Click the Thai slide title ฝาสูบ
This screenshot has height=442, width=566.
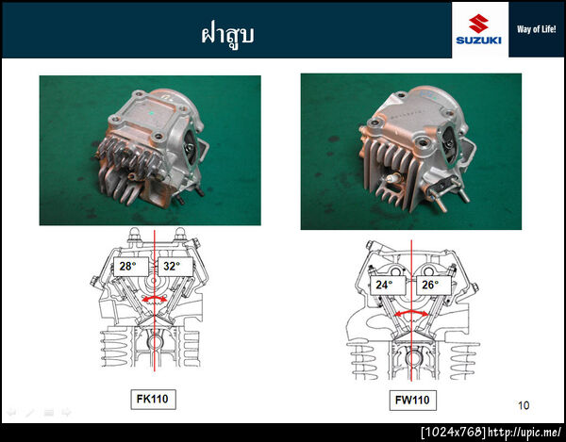point(227,35)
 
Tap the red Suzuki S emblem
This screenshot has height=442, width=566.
point(478,24)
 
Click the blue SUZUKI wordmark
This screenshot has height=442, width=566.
point(478,40)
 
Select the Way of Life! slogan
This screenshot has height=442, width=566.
point(537,29)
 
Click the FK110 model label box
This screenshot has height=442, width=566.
point(153,399)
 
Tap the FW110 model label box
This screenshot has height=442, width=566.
point(412,400)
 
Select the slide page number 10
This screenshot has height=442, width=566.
point(524,405)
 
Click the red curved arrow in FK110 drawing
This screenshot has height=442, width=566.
point(154,298)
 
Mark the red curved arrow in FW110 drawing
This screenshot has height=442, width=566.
point(411,312)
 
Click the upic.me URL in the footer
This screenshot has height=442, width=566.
point(524,432)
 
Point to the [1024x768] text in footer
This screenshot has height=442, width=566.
point(454,432)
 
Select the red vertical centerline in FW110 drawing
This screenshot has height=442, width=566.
point(411,310)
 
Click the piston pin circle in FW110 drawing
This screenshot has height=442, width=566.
point(412,358)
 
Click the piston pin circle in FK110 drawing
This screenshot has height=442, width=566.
point(155,342)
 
